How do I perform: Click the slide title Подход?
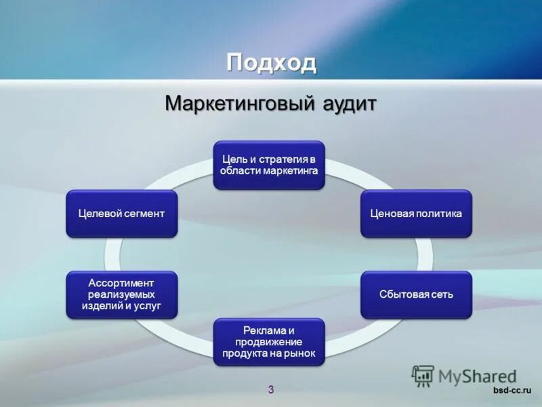point(271,62)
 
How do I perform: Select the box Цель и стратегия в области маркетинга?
point(269,165)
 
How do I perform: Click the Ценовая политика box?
point(416,213)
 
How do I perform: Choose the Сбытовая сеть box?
point(416,294)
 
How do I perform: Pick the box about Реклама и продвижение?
point(269,342)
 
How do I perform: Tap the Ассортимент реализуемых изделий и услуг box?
point(122,294)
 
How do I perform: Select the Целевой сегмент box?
point(122,213)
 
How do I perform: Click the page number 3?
point(271,389)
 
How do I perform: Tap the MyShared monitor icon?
point(423,375)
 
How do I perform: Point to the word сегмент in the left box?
point(144,213)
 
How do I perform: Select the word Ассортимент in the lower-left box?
point(122,282)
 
